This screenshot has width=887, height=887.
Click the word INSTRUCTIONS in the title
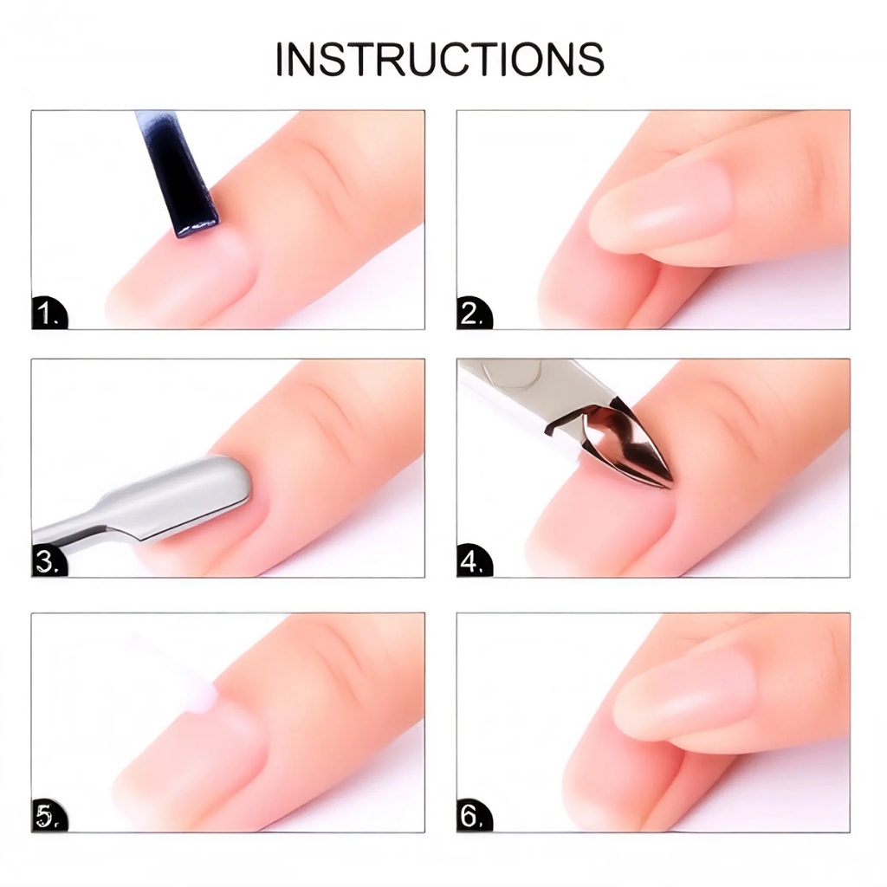tap(440, 58)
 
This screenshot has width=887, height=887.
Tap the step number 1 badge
tap(49, 313)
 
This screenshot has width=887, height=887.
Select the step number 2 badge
tap(474, 313)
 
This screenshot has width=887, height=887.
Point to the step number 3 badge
tap(49, 561)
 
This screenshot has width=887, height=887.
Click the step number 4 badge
tap(474, 561)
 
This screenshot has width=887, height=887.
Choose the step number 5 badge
tap(49, 816)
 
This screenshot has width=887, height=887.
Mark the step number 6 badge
tap(474, 816)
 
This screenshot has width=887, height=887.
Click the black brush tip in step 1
tap(195, 226)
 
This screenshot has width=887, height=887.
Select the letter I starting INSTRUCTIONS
tap(280, 59)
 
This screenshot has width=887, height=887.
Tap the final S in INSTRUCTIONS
tap(590, 59)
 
